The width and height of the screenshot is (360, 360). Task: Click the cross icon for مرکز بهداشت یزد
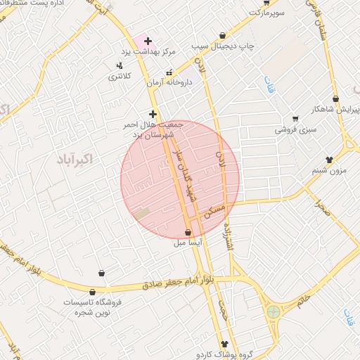coord(147,41)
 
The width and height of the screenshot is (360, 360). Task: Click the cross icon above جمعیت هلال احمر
coord(153,113)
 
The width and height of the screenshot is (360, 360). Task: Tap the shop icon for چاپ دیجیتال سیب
coord(223,35)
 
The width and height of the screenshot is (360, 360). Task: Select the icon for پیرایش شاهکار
coord(336,98)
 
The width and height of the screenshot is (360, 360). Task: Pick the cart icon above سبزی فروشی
coord(295,118)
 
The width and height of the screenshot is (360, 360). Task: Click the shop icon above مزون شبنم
coord(328,159)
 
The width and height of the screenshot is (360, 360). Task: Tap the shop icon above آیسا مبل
coord(188,233)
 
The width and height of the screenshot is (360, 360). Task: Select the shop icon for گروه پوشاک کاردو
coord(224,344)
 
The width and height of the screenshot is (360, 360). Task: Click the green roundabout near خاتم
coord(273,311)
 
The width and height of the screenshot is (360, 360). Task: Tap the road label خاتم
coord(302,301)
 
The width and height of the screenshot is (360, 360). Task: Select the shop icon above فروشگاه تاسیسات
coord(102,273)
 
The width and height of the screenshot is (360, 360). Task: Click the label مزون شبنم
coord(328,171)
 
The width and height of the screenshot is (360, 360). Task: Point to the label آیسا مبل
coord(191,244)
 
